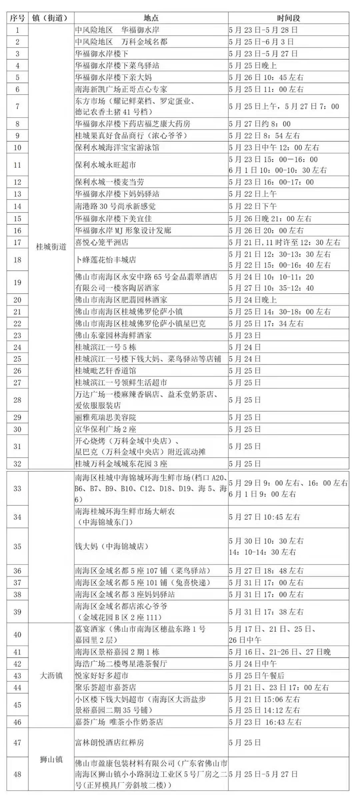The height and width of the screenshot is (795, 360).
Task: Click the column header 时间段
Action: pos(288,18)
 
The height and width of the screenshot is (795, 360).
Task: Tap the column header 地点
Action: pos(151,18)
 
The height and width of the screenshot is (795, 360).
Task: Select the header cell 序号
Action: pos(17,18)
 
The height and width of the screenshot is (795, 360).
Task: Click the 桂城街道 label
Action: pos(51,247)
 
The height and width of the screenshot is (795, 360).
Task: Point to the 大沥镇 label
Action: pos(51,676)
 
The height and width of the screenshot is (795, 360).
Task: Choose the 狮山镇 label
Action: pos(51,759)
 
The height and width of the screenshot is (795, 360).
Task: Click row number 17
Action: pos(17,242)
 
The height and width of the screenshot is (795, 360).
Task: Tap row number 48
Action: pos(17,774)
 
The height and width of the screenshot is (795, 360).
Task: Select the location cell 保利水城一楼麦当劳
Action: pos(110,182)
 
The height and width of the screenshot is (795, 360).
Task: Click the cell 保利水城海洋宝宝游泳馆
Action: pos(117,147)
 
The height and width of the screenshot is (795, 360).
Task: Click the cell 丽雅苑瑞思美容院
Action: pos(106,417)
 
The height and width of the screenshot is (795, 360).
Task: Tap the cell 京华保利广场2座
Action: pos(106,429)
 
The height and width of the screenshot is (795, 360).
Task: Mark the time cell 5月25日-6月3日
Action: pos(262,42)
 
